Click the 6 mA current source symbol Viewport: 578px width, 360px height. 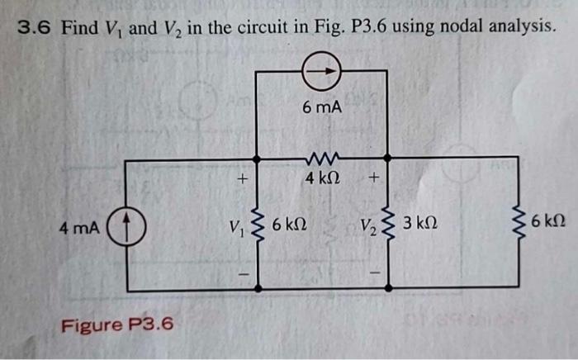pyautogui.click(x=323, y=71)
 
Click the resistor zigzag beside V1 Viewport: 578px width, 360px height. pyautogui.click(x=258, y=224)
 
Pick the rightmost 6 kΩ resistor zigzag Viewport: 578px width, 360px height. pyautogui.click(x=521, y=223)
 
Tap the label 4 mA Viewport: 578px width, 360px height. pyautogui.click(x=78, y=224)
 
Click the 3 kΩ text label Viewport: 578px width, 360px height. pyautogui.click(x=421, y=224)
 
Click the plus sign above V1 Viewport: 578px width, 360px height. pyautogui.click(x=242, y=178)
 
